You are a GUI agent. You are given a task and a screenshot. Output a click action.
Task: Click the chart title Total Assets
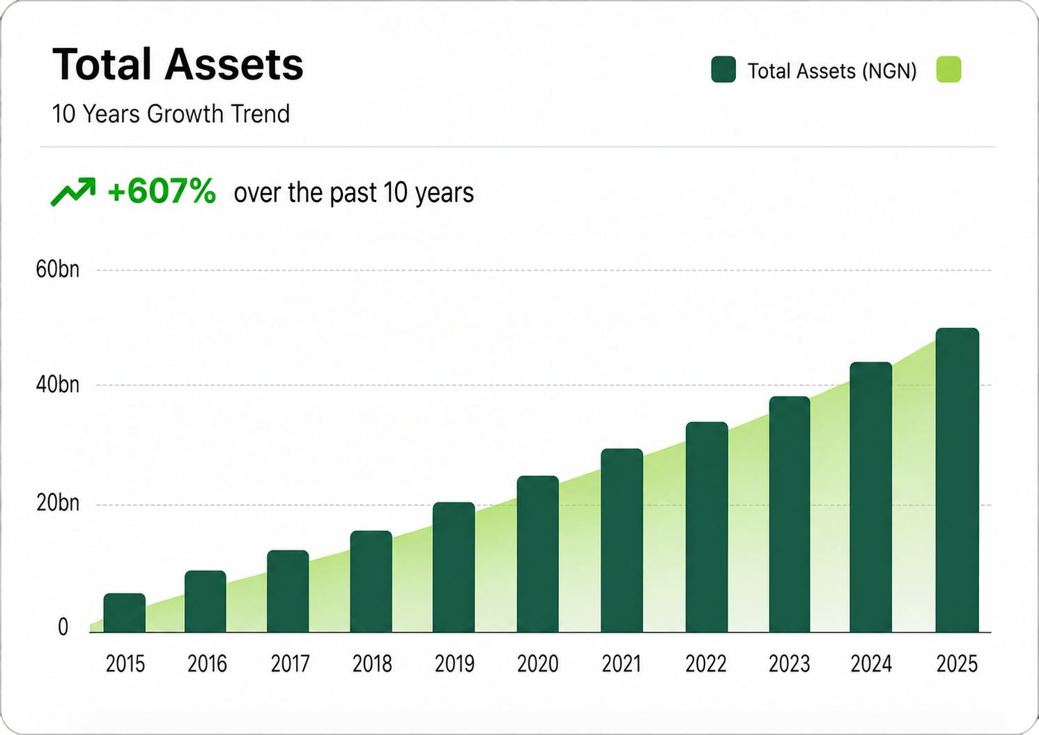[x=178, y=64]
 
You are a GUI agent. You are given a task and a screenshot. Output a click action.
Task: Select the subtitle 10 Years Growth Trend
[x=171, y=114]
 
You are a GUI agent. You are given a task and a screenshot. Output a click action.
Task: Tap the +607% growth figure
[x=162, y=191]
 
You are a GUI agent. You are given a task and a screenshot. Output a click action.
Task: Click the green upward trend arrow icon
[x=73, y=192]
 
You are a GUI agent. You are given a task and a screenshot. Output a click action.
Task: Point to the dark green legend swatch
[x=723, y=70]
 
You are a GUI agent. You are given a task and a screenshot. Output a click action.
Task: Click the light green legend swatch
[x=948, y=70]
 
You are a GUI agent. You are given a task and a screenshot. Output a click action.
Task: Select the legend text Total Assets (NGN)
[x=832, y=71]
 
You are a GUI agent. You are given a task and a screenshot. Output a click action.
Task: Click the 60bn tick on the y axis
[x=58, y=270]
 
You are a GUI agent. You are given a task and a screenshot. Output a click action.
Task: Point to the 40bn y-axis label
[x=58, y=385]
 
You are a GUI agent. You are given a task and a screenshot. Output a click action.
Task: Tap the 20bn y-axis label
[x=58, y=503]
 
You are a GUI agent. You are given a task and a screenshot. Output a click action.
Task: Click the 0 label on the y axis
[x=63, y=627]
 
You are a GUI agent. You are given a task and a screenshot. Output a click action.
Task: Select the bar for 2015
[x=125, y=612]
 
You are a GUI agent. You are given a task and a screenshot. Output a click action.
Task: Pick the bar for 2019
[x=454, y=567]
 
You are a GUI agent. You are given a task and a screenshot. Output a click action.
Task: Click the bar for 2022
[x=707, y=527]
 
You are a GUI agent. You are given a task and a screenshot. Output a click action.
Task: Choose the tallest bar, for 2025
[x=957, y=480]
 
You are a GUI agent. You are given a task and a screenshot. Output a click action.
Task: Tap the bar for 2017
[x=288, y=591]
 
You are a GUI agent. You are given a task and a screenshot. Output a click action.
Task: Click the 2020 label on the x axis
[x=538, y=664]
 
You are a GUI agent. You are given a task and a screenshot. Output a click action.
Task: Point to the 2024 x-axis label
[x=871, y=664]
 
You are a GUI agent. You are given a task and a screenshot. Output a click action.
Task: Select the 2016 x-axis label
[x=207, y=664]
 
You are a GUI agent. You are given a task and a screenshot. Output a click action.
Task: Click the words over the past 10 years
[x=354, y=193]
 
